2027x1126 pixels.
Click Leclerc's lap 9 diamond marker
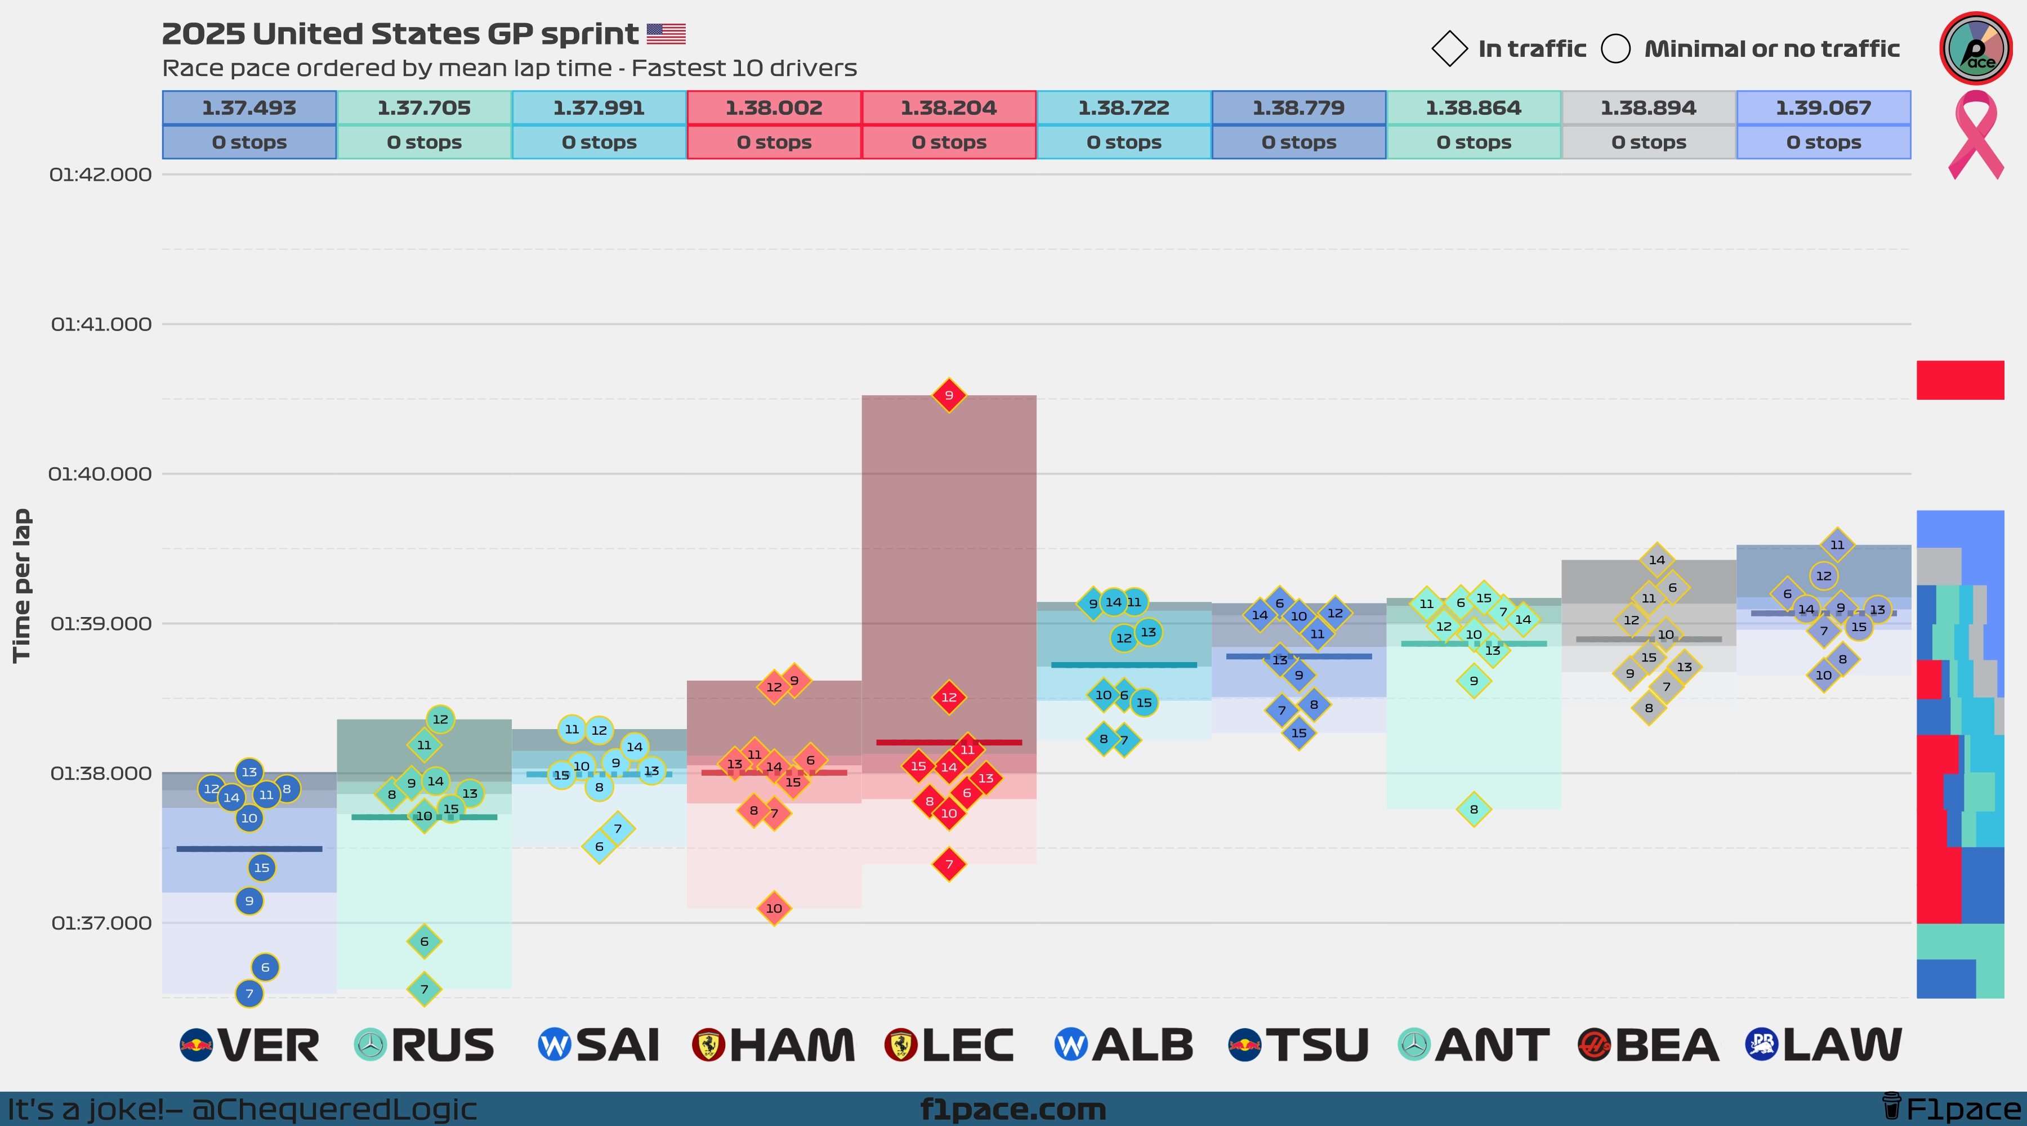[x=949, y=395]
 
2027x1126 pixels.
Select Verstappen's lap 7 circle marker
[x=249, y=994]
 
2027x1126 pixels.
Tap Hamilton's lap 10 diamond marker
[x=774, y=908]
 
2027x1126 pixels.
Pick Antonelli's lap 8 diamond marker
[x=1474, y=809]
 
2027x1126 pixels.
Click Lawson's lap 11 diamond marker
[x=1837, y=544]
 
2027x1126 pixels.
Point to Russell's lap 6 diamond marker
[x=424, y=941]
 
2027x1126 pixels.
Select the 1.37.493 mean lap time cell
[x=249, y=108]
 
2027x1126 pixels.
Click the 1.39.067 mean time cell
[x=1823, y=108]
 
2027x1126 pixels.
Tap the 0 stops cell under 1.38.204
[x=949, y=142]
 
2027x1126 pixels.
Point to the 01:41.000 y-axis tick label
[x=101, y=324]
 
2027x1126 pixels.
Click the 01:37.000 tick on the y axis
[x=101, y=923]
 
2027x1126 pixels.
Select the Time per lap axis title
[x=21, y=586]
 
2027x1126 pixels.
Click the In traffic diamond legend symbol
[x=1449, y=49]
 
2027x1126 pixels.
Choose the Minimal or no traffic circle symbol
[x=1615, y=49]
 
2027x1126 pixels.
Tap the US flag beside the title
[x=666, y=34]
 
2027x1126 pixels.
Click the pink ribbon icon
[x=1975, y=134]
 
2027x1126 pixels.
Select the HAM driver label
[x=792, y=1045]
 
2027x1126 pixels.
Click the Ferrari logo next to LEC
[x=901, y=1045]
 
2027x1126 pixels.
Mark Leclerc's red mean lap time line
[x=949, y=742]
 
